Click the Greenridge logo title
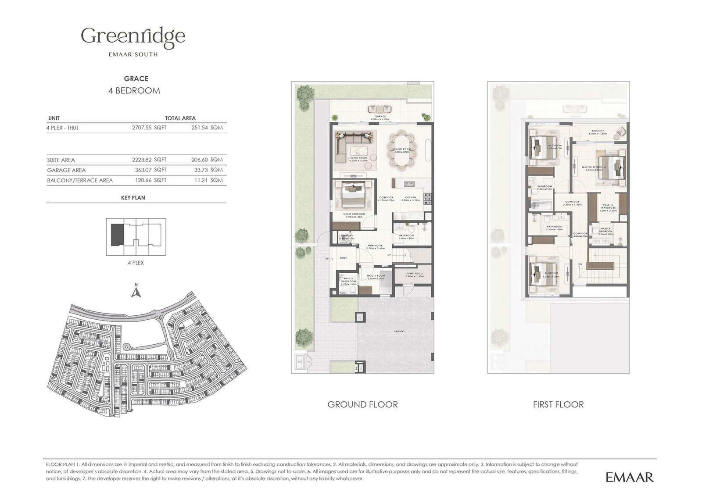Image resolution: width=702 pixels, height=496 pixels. (133, 36)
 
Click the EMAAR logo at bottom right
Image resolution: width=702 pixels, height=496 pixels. (630, 477)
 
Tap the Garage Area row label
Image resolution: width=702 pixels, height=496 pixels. (66, 170)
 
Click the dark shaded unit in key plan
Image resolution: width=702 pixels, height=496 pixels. (117, 235)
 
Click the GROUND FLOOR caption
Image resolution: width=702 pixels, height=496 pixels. (362, 404)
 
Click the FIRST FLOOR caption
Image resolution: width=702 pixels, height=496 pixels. (558, 404)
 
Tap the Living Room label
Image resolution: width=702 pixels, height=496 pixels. (358, 158)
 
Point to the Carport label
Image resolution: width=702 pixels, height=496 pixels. (399, 332)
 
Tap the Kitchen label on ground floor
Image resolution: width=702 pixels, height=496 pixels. (411, 197)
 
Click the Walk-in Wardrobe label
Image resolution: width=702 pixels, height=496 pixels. (608, 206)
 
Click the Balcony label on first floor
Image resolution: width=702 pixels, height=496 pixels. (597, 131)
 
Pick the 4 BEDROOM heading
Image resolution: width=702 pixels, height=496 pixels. (134, 91)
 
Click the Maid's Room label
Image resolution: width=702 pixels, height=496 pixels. (375, 276)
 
